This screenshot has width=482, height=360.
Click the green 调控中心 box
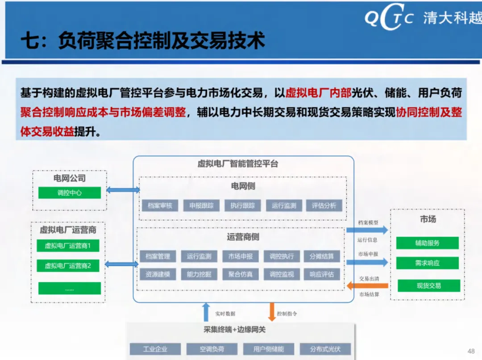pos(69,193)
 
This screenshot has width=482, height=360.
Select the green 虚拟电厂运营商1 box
pos(67,246)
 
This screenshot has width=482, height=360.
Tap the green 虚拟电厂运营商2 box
pos(67,266)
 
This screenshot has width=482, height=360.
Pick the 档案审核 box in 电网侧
pos(160,205)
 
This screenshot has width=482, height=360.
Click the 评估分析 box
pos(324,205)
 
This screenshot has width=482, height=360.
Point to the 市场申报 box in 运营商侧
pos(241,256)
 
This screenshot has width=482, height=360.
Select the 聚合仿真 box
pos(241,274)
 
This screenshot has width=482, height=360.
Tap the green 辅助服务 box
pos(427,243)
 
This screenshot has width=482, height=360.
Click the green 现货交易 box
pos(428,285)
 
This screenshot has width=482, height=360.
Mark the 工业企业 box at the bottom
pos(155,349)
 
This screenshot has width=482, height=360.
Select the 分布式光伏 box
pos(325,349)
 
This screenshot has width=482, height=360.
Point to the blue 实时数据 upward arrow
pos(206,312)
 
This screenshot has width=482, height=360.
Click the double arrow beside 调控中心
pos(123,190)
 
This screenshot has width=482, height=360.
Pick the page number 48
pos(470,351)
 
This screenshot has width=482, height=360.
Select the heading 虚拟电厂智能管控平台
pos(238,164)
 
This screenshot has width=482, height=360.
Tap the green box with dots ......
pos(69,289)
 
